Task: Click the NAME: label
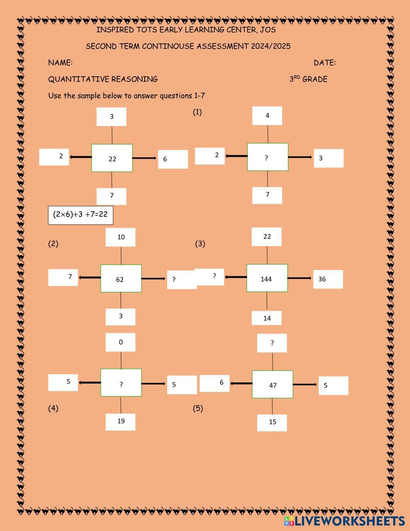(x=60, y=63)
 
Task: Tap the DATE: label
(x=324, y=63)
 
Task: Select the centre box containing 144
(x=267, y=278)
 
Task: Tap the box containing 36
(x=328, y=279)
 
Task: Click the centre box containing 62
(x=121, y=279)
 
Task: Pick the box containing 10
(x=121, y=237)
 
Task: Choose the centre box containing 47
(x=273, y=385)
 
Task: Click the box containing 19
(x=121, y=421)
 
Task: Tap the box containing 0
(x=121, y=342)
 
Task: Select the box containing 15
(x=272, y=423)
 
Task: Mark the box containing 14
(x=266, y=318)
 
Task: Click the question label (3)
(x=200, y=244)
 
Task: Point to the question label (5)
(x=198, y=408)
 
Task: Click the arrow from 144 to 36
(x=300, y=278)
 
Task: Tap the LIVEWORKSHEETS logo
(x=344, y=521)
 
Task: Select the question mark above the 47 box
(x=272, y=343)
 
